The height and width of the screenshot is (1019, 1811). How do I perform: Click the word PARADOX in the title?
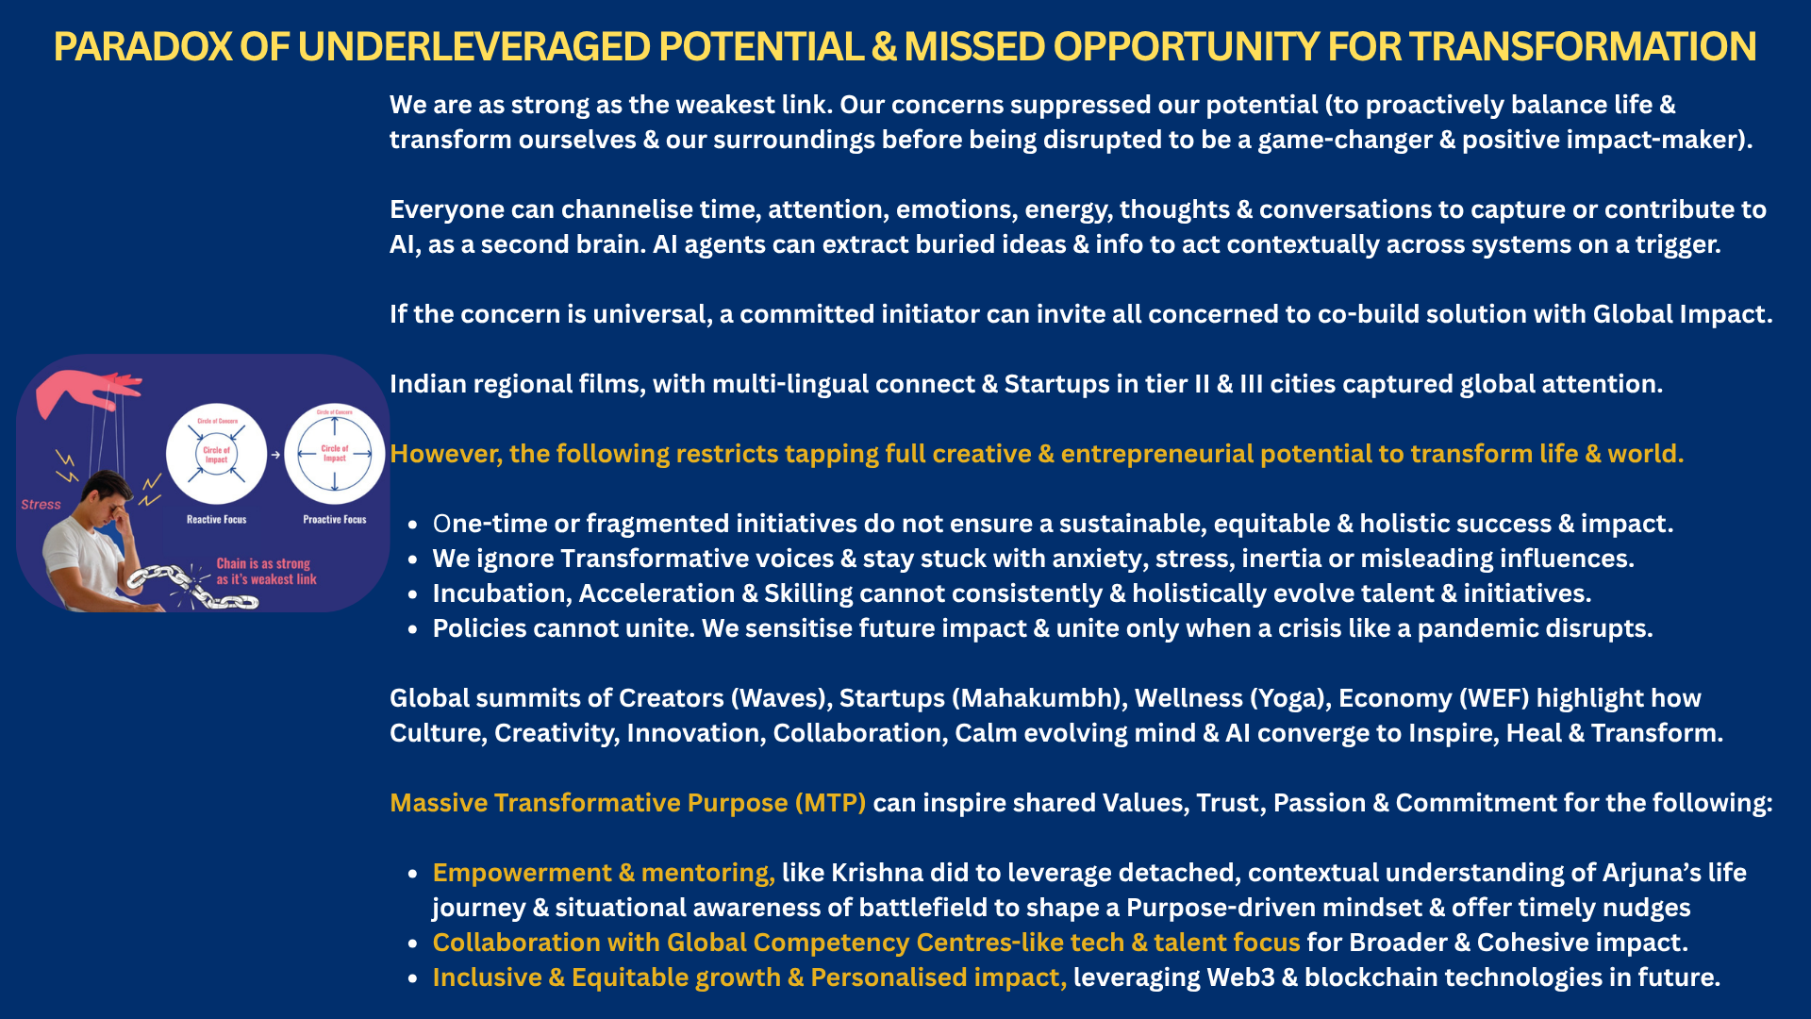(x=142, y=47)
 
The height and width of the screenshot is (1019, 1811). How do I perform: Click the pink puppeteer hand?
(x=85, y=390)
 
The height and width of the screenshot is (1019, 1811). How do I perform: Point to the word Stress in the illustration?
(x=41, y=505)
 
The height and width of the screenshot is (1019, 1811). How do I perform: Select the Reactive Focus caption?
(x=216, y=520)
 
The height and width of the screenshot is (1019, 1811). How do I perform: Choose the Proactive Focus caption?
(x=335, y=520)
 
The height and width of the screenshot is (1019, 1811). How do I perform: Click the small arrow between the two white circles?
(x=275, y=455)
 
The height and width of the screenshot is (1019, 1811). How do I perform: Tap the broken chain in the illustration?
(x=193, y=586)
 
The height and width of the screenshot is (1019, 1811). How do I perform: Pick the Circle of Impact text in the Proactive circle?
(x=335, y=454)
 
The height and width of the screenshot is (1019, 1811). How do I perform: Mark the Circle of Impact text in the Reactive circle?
(x=217, y=455)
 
